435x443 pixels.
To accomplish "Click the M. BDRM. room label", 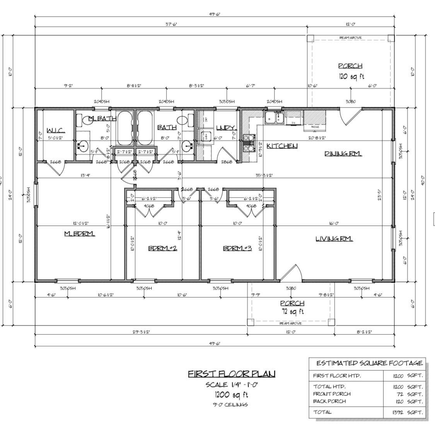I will (79, 233).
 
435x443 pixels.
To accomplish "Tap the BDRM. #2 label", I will (162, 248).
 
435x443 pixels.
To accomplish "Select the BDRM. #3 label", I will (237, 248).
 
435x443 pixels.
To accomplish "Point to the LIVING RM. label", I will (334, 239).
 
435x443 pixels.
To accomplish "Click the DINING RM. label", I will (343, 153).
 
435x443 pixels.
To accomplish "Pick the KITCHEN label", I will (282, 146).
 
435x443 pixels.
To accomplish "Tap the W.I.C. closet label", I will (56, 130).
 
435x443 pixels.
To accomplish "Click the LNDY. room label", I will (226, 128).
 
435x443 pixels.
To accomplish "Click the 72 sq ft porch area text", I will (292, 311).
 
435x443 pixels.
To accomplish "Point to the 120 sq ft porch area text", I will (351, 76).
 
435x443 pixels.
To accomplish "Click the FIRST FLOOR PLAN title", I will (232, 374).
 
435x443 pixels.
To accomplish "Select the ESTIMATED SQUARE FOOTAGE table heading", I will (369, 363).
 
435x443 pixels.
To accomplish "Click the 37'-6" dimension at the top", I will (171, 24).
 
